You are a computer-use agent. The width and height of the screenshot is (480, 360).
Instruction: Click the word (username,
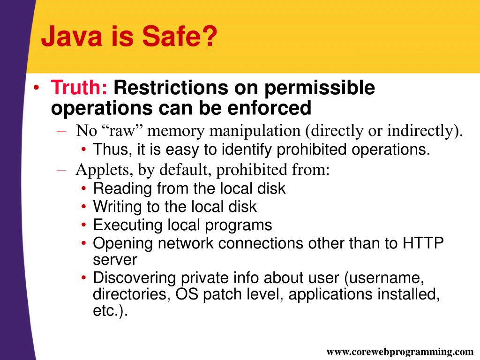pyautogui.click(x=384, y=278)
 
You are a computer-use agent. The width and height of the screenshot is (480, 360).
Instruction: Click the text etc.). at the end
pyautogui.click(x=110, y=311)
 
